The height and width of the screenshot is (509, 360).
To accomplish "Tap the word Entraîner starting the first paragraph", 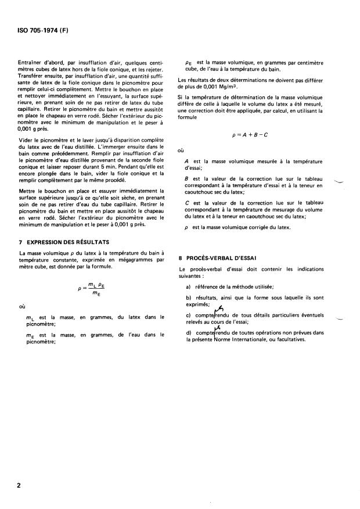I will coord(33,66).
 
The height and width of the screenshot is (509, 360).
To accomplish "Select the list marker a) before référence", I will coord(189,287).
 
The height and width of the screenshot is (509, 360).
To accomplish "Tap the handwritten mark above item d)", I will coord(218,328).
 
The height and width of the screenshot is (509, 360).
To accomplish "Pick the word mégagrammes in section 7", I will coord(125,261).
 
